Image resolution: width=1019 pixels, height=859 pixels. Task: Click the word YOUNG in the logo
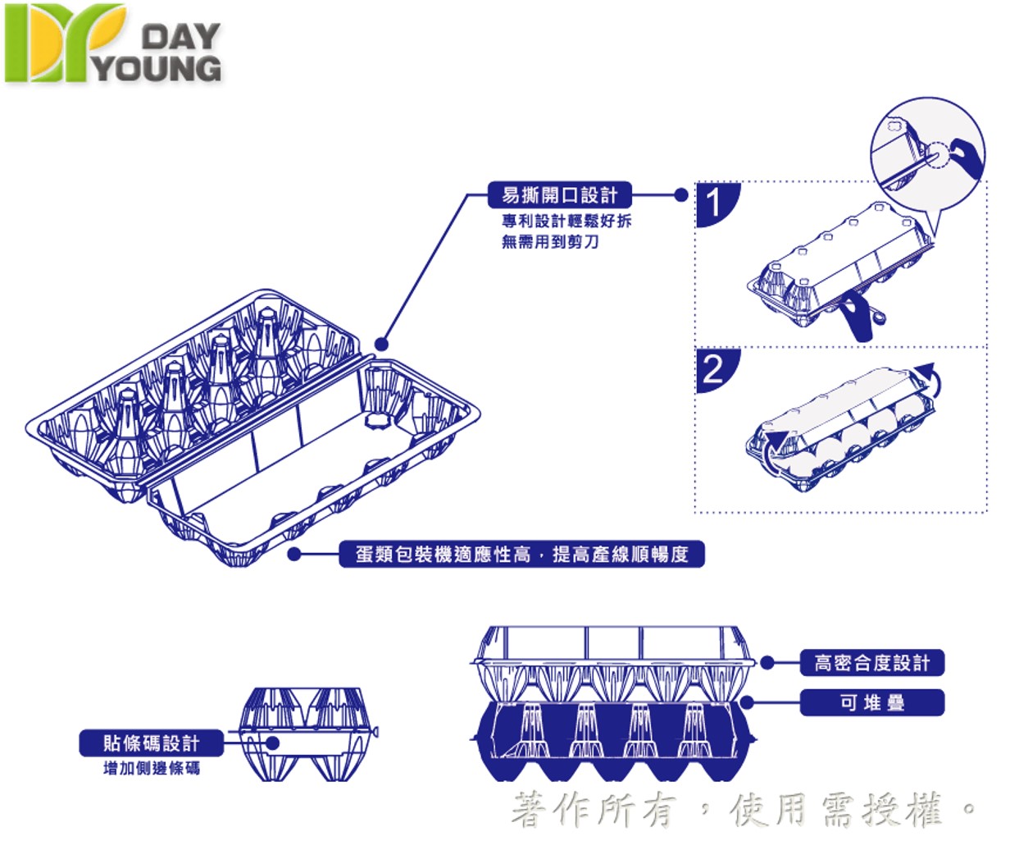pyautogui.click(x=157, y=68)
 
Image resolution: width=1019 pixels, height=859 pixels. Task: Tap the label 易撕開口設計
pyautogui.click(x=559, y=195)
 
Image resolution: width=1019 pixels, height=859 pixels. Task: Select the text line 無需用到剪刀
pyautogui.click(x=550, y=242)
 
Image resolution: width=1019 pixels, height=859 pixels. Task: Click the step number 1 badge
pyautogui.click(x=716, y=203)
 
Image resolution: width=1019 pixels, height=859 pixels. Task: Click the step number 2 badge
pyautogui.click(x=716, y=369)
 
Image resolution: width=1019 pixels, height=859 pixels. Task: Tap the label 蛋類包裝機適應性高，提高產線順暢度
pyautogui.click(x=521, y=555)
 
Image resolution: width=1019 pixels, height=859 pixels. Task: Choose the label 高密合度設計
pyautogui.click(x=871, y=663)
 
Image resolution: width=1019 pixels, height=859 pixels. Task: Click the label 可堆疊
pyautogui.click(x=871, y=702)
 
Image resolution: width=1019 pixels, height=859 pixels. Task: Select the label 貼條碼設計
pyautogui.click(x=151, y=743)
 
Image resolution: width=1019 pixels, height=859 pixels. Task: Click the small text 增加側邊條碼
pyautogui.click(x=151, y=769)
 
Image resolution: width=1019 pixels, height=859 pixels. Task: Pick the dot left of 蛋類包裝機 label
pyautogui.click(x=294, y=555)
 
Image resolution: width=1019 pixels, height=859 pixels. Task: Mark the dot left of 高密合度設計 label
pyautogui.click(x=767, y=663)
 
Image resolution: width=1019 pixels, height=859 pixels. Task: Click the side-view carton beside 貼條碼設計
pyautogui.click(x=307, y=734)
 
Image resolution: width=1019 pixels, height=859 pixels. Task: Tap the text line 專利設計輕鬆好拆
pyautogui.click(x=566, y=221)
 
